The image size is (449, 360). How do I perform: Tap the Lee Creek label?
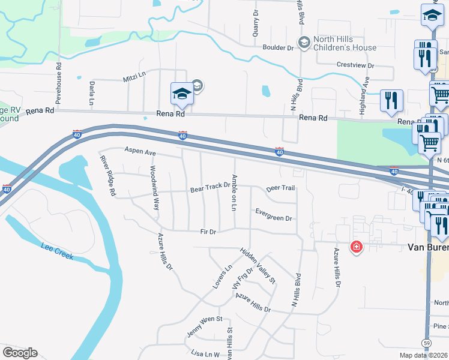[57, 251]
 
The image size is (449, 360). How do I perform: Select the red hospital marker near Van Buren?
[357, 247]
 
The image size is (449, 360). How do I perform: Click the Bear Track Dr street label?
[210, 188]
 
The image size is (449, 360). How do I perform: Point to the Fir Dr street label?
[208, 232]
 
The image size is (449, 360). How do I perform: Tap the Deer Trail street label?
[280, 188]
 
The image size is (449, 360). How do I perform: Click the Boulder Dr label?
[277, 47]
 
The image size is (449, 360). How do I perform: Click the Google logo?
[20, 353]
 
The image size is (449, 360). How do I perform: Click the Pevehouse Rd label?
[59, 82]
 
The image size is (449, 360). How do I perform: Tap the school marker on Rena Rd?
[181, 94]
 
